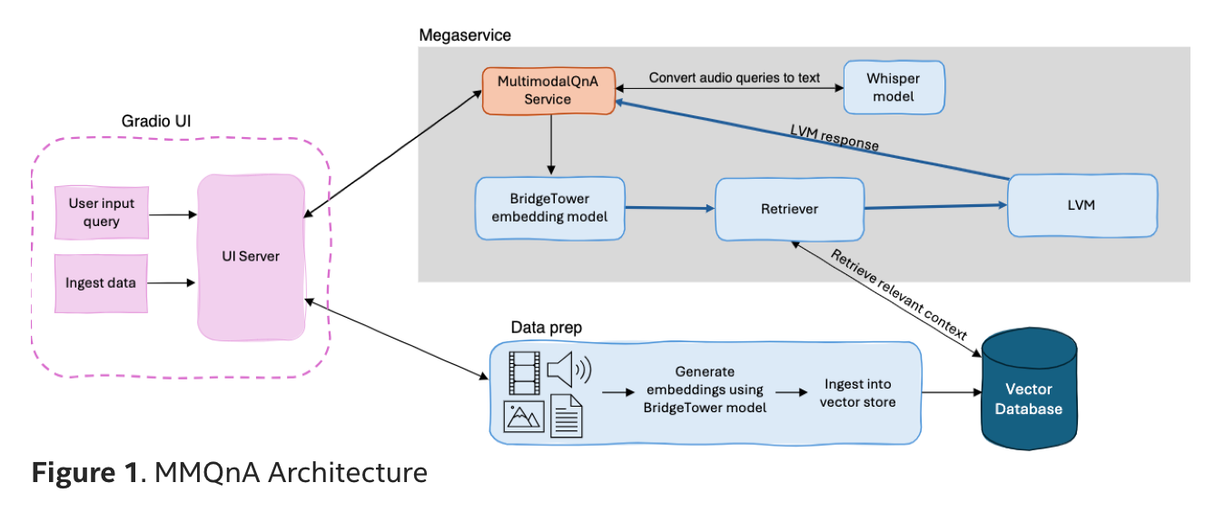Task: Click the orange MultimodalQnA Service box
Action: point(548,90)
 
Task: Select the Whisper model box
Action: point(894,88)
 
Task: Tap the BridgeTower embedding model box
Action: point(550,208)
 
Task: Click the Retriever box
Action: point(789,209)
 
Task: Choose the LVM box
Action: point(1082,206)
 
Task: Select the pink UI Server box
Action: point(251,257)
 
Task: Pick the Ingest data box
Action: point(101,283)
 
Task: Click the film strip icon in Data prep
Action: point(523,371)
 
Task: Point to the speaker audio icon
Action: point(568,370)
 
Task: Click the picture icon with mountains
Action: point(523,416)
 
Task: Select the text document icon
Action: point(568,417)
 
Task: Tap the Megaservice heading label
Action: point(465,35)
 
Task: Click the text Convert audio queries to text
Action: point(735,78)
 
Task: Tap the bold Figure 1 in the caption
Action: point(86,473)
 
